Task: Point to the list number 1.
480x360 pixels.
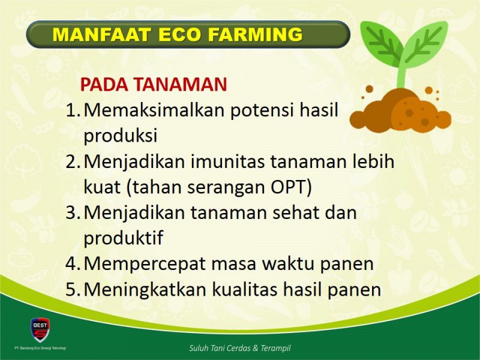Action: [73, 110]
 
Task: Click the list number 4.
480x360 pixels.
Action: [73, 263]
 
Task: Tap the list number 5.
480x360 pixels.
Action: [73, 289]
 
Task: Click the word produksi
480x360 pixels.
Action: [121, 135]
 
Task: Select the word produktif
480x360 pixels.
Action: [124, 237]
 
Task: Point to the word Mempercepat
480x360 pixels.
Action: [144, 264]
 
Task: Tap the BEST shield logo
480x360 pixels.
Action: [40, 329]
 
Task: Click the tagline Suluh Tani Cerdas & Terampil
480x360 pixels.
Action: [239, 348]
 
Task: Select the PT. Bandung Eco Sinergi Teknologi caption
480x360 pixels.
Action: [40, 348]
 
